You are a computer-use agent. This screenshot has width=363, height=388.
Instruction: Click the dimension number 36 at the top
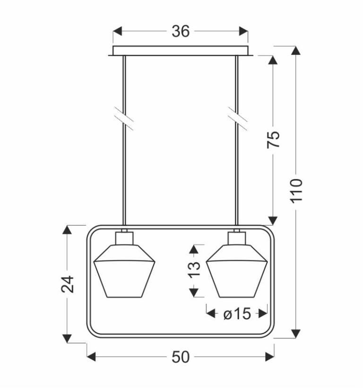(x=181, y=32)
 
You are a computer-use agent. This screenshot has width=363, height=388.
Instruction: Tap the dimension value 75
(x=273, y=139)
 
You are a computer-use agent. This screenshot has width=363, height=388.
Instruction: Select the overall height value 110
(x=297, y=191)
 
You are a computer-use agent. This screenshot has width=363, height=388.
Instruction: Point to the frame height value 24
(x=68, y=284)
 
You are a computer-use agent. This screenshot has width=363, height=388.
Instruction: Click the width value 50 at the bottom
(x=181, y=357)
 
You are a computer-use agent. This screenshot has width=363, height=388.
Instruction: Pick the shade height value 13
(x=195, y=270)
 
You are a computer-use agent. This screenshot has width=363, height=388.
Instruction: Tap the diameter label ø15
(x=237, y=314)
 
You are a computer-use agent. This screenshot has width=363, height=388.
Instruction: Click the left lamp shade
(x=124, y=271)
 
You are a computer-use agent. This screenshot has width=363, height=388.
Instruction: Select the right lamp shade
(x=237, y=271)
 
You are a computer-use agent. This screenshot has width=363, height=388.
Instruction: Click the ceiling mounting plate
(x=181, y=51)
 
